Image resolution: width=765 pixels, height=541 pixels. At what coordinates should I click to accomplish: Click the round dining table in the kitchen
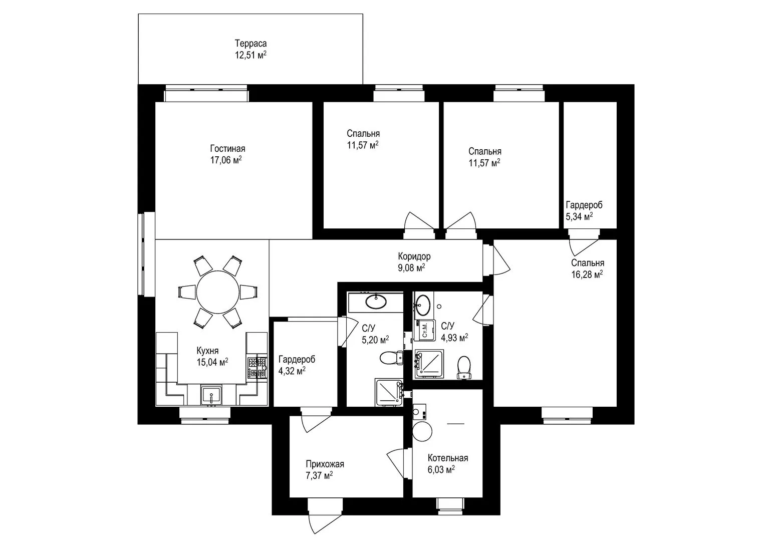click(217, 292)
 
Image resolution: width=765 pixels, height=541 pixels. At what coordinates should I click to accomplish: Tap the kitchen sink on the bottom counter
click(211, 396)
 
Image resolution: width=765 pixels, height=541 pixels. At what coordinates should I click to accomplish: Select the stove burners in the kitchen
click(257, 368)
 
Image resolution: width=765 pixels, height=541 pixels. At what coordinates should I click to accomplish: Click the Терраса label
click(250, 44)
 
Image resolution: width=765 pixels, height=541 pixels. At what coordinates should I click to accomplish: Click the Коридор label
click(414, 256)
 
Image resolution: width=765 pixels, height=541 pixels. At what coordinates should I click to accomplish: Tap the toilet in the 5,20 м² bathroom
click(391, 358)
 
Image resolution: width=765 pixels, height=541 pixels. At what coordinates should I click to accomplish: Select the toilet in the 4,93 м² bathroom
click(463, 368)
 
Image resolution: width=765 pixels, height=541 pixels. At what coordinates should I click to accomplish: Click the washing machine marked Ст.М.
click(424, 330)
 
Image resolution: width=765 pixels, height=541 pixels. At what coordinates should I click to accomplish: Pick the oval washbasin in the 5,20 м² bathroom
click(376, 302)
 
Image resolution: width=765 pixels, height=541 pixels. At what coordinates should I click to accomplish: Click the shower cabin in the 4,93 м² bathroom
click(429, 364)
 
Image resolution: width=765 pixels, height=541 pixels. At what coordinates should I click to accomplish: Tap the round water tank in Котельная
click(422, 431)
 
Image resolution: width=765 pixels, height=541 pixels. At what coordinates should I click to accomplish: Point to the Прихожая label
click(325, 464)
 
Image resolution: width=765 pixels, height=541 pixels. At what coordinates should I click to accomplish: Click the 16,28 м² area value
click(587, 275)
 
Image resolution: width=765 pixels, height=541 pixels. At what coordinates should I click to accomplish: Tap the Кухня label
click(207, 351)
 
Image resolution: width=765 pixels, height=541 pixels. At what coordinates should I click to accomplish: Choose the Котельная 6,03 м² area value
click(441, 470)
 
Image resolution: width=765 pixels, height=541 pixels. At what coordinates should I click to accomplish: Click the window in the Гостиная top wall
click(206, 93)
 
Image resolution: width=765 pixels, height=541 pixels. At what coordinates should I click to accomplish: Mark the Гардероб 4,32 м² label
click(297, 365)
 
